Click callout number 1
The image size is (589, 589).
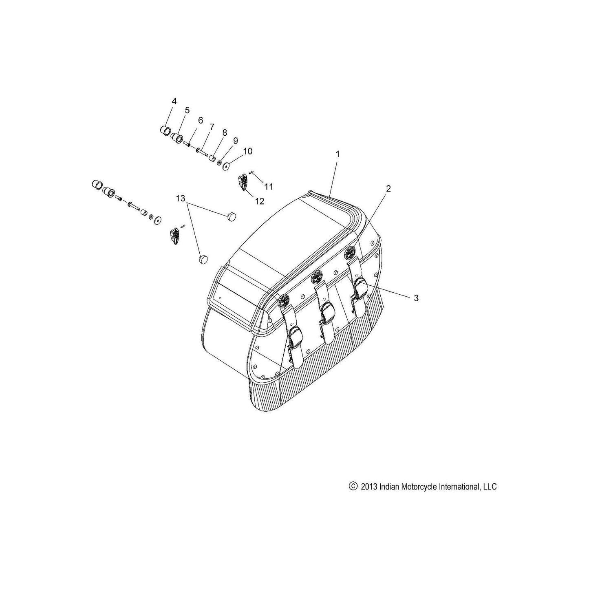tap(338, 154)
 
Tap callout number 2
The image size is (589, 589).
tap(388, 189)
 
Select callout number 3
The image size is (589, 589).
tap(416, 298)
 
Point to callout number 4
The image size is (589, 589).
tap(174, 101)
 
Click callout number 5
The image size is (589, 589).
tap(187, 110)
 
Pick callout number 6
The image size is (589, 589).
tap(200, 120)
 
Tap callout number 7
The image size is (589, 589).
tap(212, 126)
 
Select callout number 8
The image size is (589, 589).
tap(225, 132)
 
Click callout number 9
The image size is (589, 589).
tap(235, 141)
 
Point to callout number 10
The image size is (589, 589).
tap(247, 151)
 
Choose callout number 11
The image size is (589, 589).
tap(269, 186)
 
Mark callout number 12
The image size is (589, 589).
tap(260, 201)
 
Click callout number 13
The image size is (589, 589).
tap(180, 199)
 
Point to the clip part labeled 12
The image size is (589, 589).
tap(243, 182)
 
